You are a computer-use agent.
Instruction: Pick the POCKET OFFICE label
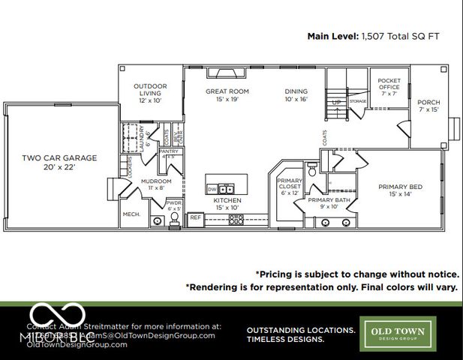(389, 84)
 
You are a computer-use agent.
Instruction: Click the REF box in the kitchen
(195, 217)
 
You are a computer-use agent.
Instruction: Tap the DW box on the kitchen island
(212, 190)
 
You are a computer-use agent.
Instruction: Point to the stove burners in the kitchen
(236, 219)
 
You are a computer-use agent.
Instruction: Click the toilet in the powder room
(174, 218)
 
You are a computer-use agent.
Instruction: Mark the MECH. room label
(131, 214)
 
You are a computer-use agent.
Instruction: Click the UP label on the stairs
(336, 102)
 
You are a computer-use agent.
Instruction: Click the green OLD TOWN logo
(395, 332)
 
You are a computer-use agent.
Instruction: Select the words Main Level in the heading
(332, 35)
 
